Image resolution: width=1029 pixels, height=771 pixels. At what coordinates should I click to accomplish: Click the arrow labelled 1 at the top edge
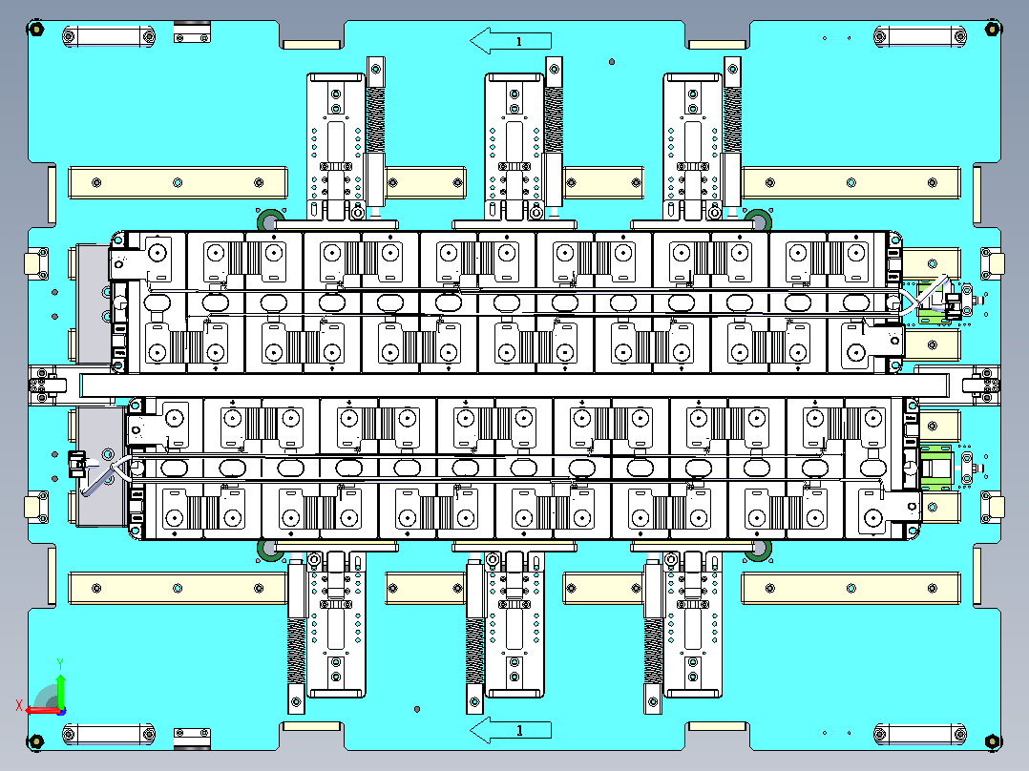pos(511,41)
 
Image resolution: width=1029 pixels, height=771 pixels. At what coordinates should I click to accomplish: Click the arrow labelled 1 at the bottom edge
pos(511,730)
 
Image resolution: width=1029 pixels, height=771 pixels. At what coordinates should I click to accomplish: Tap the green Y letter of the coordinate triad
pos(60,664)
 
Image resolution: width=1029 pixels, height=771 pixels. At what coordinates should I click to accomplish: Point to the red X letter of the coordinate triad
pos(19,705)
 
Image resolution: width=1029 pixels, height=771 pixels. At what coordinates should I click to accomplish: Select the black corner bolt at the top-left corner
pos(35,29)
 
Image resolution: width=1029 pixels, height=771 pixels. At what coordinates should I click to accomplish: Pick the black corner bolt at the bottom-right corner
pos(993,741)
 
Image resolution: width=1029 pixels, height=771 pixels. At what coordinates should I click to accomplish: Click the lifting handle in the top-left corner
pos(109,36)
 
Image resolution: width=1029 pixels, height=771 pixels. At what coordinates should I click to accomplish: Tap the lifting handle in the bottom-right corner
pos(920,734)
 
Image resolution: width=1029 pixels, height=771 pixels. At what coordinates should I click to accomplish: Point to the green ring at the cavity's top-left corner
pos(269,219)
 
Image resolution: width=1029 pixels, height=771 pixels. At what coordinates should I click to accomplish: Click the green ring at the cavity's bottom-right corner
pos(759,551)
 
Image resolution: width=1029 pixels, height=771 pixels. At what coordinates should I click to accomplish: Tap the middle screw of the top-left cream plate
pos(178,182)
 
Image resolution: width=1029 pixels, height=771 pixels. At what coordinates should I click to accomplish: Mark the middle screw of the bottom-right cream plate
pos(851,588)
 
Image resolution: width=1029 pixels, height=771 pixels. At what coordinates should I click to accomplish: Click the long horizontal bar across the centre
pos(514,385)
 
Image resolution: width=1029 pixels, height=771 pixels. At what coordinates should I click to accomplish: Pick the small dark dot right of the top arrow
pos(612,62)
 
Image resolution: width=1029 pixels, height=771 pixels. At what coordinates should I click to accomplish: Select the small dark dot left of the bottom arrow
pos(417,709)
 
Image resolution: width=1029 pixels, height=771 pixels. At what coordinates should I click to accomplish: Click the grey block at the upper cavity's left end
pos(93,303)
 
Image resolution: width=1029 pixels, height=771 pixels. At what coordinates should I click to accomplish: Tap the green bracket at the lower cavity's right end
pos(936,467)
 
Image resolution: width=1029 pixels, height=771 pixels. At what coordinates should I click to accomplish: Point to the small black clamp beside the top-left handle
pos(192,32)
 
